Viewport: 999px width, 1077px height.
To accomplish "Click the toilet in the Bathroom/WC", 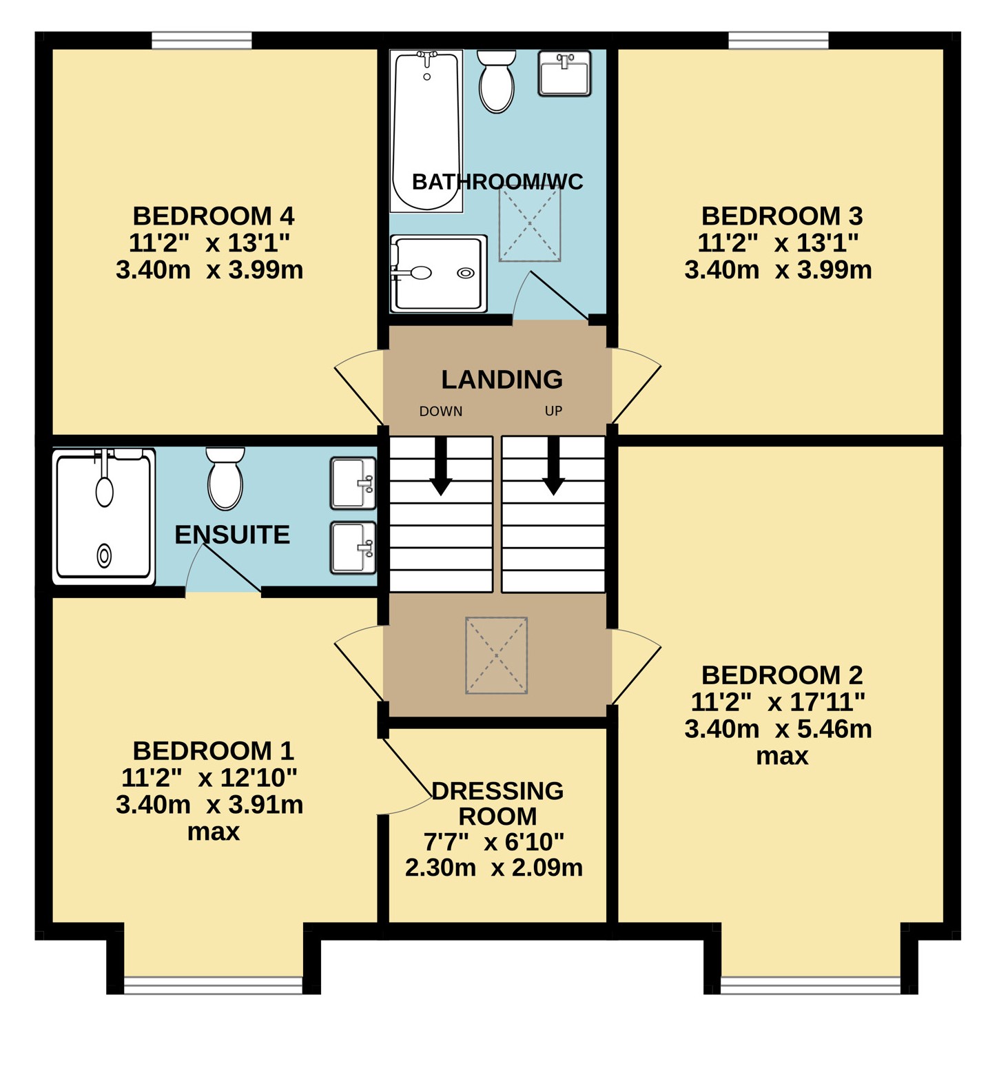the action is tap(496, 81).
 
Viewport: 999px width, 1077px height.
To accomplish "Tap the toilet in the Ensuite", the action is tap(225, 479).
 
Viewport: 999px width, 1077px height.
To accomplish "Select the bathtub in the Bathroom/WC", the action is tap(426, 131).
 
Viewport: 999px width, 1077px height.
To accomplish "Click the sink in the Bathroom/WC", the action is tap(564, 73).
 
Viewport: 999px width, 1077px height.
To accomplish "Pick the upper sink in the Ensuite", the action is tap(353, 483).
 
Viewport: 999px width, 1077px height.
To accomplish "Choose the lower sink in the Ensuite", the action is tap(353, 548).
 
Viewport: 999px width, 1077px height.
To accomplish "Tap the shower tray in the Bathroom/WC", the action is tap(439, 274).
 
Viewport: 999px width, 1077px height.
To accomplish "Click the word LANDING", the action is tap(502, 380).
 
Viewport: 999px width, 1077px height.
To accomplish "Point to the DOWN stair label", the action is tap(441, 411).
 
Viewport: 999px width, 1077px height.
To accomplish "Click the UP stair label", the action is tap(553, 411).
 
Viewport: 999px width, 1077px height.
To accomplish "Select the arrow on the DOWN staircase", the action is tap(441, 466).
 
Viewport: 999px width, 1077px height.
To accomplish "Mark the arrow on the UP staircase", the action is tap(553, 466).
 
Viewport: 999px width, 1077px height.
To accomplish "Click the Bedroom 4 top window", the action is tap(202, 41).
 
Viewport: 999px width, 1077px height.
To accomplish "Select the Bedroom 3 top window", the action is tap(779, 41).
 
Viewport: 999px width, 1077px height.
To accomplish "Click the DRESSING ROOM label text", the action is tap(497, 803).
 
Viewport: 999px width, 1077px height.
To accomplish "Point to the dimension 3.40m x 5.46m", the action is tap(779, 729).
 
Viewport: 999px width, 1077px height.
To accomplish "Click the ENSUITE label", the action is tap(232, 535).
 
